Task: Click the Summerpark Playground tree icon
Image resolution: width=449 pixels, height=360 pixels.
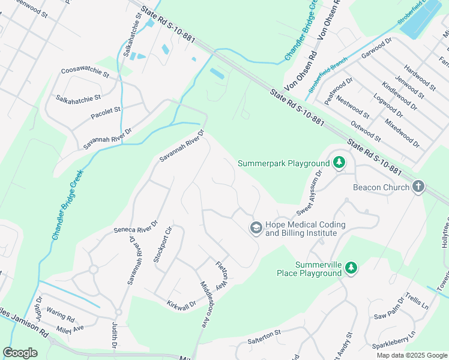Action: (x=339, y=163)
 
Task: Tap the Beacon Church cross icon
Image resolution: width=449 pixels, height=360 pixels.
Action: (x=419, y=187)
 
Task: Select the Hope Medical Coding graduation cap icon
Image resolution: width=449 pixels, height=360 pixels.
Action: (x=256, y=228)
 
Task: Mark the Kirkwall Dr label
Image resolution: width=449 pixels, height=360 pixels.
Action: (x=181, y=304)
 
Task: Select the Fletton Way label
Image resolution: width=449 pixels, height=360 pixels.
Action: (x=222, y=274)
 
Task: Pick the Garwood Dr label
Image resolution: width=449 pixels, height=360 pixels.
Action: (x=376, y=49)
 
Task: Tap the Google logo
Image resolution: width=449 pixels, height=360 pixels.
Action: (x=20, y=353)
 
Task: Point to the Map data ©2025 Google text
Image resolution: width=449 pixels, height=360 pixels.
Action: (x=411, y=355)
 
